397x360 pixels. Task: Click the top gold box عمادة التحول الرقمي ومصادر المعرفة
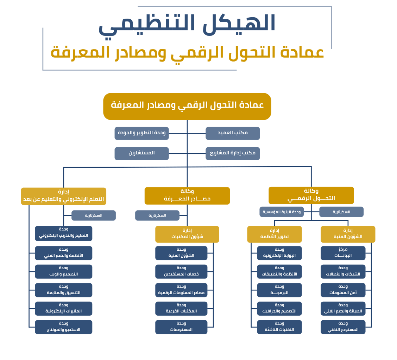point(187,106)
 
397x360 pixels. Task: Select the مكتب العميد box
point(233,133)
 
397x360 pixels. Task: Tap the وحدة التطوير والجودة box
point(141,133)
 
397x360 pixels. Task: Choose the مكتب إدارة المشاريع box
point(233,153)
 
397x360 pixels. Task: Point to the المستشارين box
point(141,153)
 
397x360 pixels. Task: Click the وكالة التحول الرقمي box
point(311,195)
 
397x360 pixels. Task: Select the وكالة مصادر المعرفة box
point(187,195)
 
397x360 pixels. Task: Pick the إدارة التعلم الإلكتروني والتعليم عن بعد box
point(63,196)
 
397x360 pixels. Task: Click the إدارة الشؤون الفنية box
point(348,234)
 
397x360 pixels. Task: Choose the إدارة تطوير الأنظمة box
point(274,234)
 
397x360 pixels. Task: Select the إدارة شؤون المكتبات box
point(187,234)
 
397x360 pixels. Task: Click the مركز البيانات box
point(343,253)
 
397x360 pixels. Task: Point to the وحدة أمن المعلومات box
point(343,290)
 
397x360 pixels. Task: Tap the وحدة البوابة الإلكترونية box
point(279,253)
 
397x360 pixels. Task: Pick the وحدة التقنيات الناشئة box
point(279,327)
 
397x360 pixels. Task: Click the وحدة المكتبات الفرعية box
point(181,308)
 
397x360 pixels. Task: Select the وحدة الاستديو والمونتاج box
point(63,327)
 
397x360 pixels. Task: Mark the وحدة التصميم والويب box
point(63,271)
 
